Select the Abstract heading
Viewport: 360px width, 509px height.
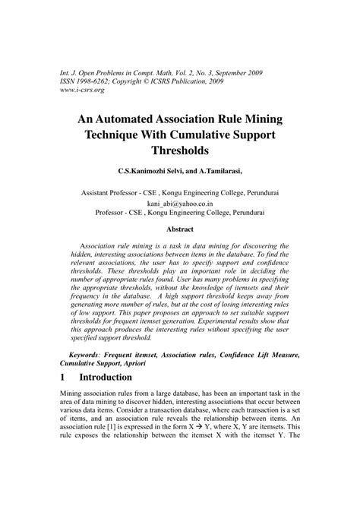[x=180, y=229]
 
